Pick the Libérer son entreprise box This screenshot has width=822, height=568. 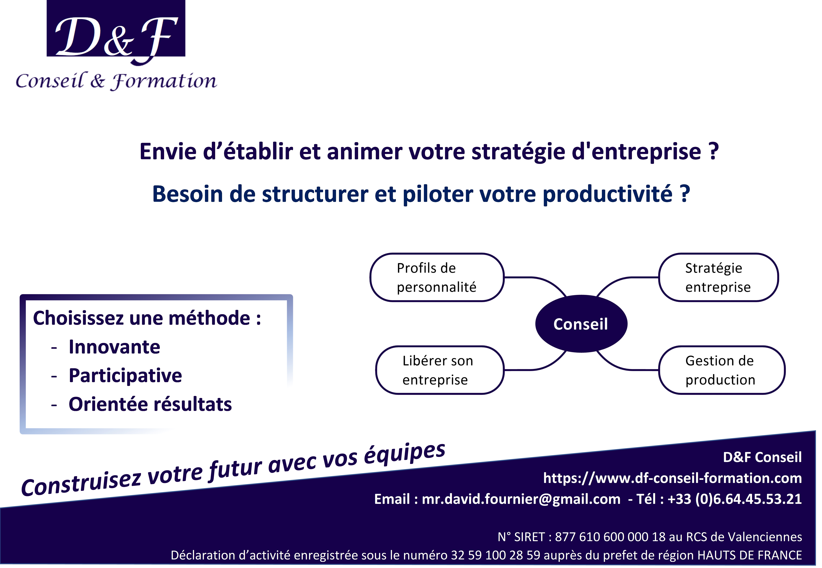coord(440,370)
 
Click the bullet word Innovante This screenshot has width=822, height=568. coord(114,347)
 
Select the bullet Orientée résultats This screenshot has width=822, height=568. coord(150,404)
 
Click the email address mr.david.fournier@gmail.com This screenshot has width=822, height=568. coord(521,499)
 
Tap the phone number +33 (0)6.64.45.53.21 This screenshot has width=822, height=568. coord(735,499)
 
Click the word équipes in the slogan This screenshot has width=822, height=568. coord(405,453)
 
